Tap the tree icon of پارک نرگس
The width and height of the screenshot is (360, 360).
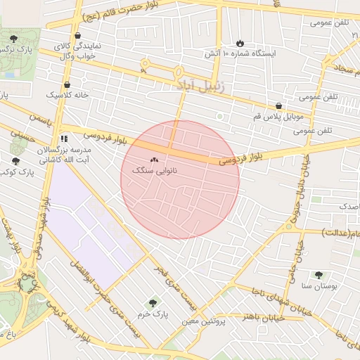click(x=14, y=38)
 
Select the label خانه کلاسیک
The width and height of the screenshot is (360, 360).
click(x=63, y=94)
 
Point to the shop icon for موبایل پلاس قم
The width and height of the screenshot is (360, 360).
click(x=279, y=105)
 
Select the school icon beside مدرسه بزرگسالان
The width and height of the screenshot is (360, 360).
click(x=64, y=139)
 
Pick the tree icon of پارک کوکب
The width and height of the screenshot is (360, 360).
click(x=15, y=161)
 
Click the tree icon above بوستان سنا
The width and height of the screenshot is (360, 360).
click(x=319, y=275)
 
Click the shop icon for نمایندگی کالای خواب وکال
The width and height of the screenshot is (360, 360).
click(x=77, y=36)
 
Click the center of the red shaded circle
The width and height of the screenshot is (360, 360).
click(x=180, y=179)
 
